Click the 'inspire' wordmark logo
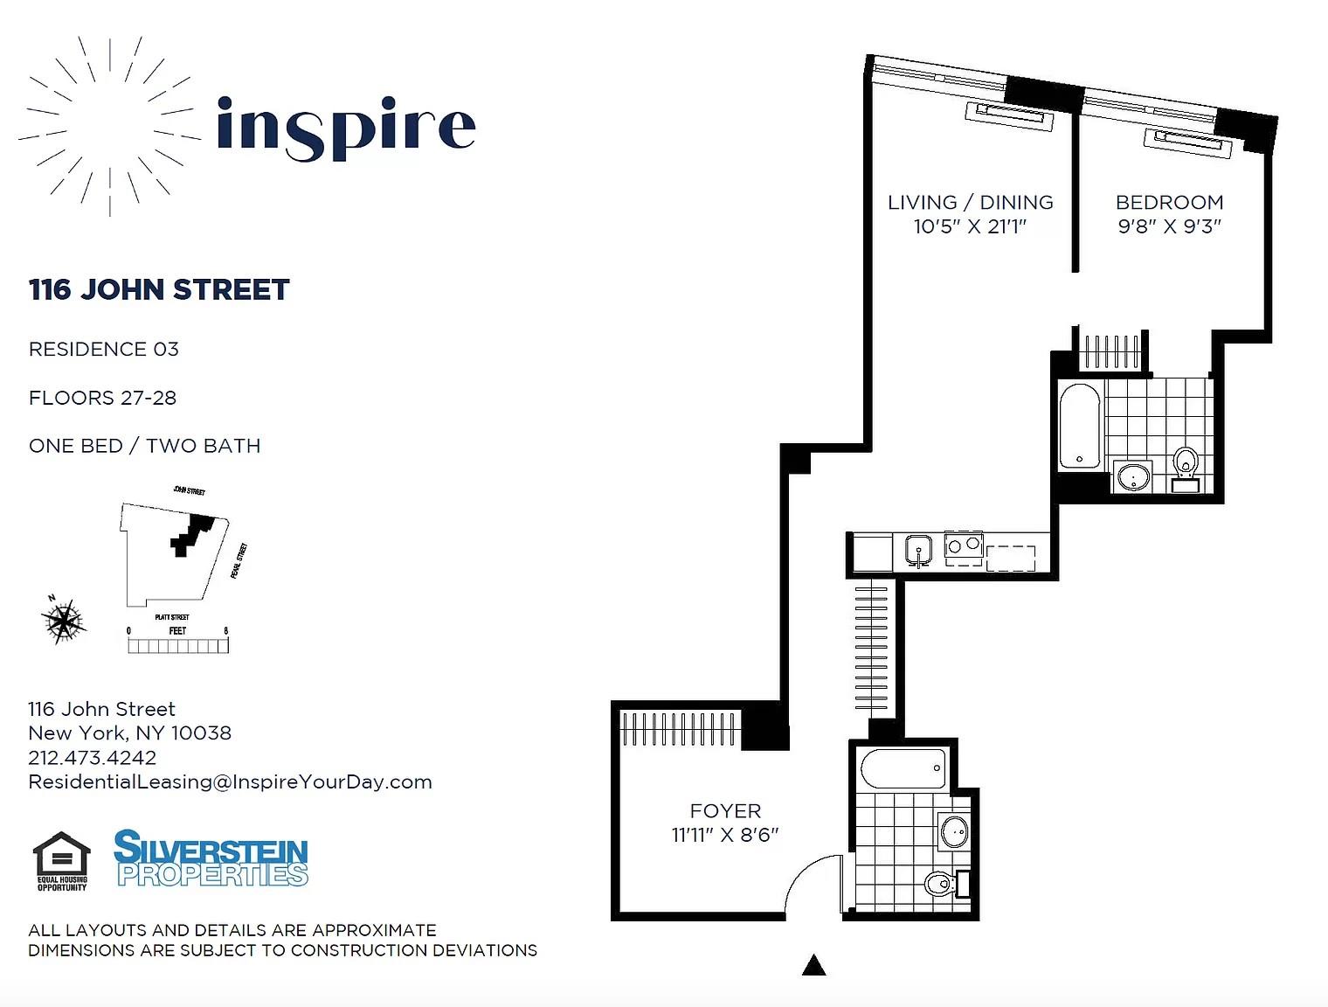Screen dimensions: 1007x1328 (346, 128)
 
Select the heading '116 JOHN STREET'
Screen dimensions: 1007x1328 (159, 289)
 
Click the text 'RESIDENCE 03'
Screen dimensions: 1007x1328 (104, 349)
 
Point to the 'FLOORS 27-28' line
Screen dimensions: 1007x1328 (102, 398)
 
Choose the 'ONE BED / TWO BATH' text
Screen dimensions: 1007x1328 (145, 446)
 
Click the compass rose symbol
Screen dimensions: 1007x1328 (63, 621)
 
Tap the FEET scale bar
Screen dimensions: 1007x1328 (177, 645)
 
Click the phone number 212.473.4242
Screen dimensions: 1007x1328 (92, 758)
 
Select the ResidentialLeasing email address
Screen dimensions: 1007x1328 (230, 781)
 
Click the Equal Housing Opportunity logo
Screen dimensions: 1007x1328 (61, 861)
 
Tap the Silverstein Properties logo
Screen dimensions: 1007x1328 (211, 858)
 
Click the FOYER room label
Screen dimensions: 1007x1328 (725, 811)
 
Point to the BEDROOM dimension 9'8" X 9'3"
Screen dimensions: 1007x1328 (1169, 226)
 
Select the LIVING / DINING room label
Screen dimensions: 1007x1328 (970, 202)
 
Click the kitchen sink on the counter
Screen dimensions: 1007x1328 (917, 551)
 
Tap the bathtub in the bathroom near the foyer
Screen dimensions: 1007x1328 (903, 769)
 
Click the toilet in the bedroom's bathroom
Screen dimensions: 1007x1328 (1186, 462)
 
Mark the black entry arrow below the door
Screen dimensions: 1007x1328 (814, 965)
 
